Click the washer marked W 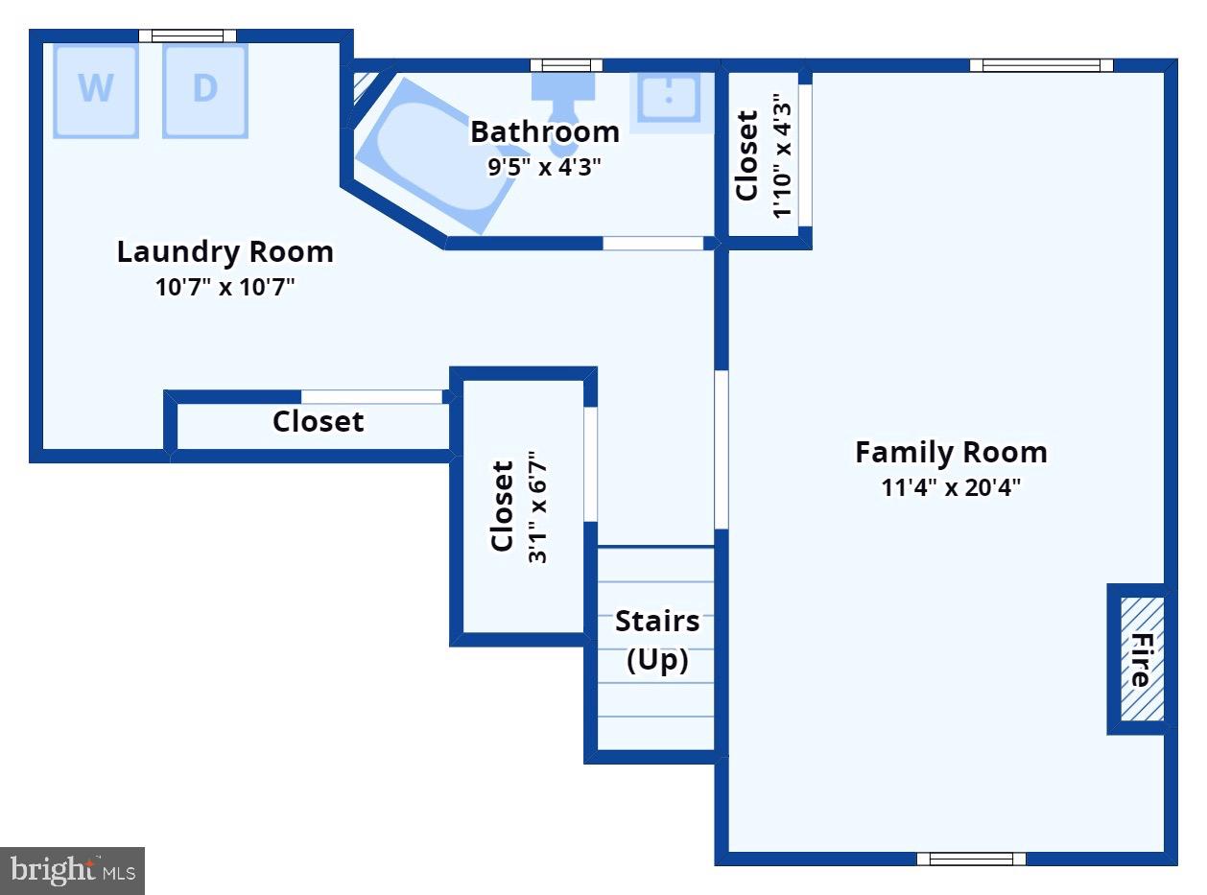pyautogui.click(x=96, y=91)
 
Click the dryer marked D pyautogui.click(x=205, y=91)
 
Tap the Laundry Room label pyautogui.click(x=225, y=252)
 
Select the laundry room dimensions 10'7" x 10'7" pyautogui.click(x=225, y=287)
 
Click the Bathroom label pyautogui.click(x=545, y=131)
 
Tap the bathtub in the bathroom pyautogui.click(x=436, y=155)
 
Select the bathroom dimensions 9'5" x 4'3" pyautogui.click(x=544, y=167)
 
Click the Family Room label pyautogui.click(x=951, y=452)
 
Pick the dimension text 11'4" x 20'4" pyautogui.click(x=951, y=487)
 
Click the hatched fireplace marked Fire pyautogui.click(x=1142, y=659)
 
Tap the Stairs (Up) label pyautogui.click(x=657, y=640)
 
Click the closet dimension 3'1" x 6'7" pyautogui.click(x=537, y=506)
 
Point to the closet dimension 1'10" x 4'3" pyautogui.click(x=781, y=155)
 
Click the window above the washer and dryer pyautogui.click(x=187, y=35)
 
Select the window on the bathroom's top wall pyautogui.click(x=566, y=65)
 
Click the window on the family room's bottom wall pyautogui.click(x=971, y=859)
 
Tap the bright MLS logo pyautogui.click(x=72, y=870)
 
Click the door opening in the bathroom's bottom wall pyautogui.click(x=653, y=244)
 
